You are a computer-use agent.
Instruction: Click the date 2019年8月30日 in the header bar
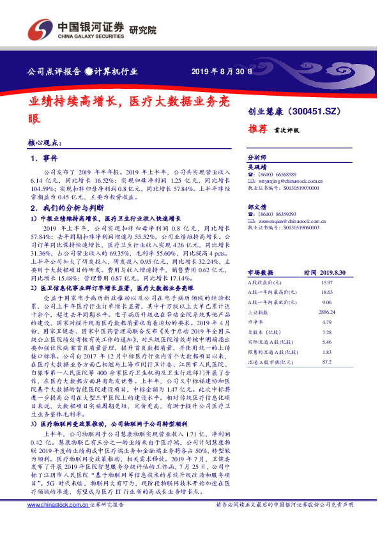223,71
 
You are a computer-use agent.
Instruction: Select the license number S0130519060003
298,227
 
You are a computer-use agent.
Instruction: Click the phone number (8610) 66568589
276,174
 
